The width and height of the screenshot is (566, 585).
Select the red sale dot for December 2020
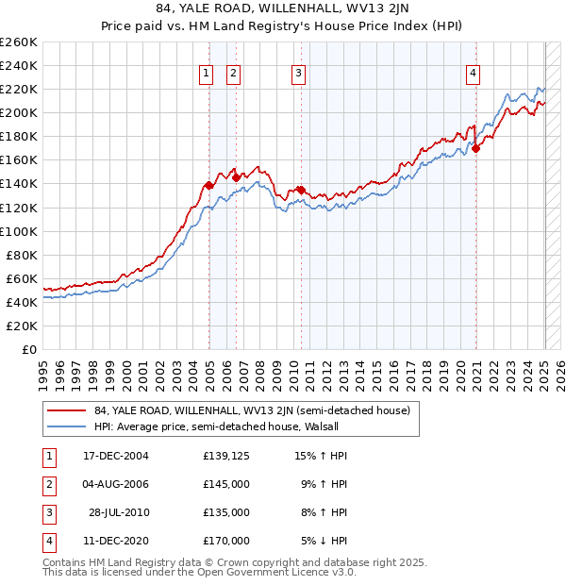pos(476,148)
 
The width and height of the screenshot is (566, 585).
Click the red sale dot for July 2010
pos(301,190)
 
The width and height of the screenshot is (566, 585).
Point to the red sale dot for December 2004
pos(208,185)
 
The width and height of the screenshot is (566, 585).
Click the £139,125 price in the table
pos(226,456)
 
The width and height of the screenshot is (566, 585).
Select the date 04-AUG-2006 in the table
pos(116,484)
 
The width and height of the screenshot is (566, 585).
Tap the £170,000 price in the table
pos(226,541)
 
